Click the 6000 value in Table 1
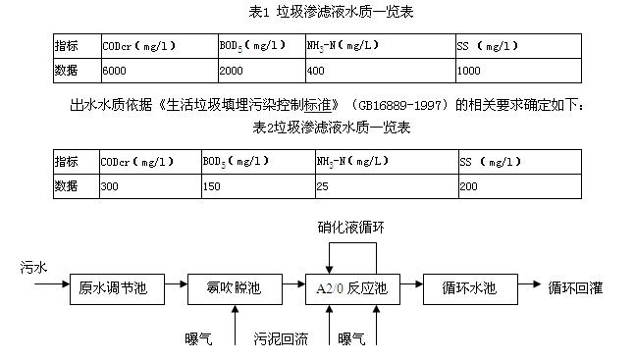pyautogui.click(x=114, y=71)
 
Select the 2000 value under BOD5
pyautogui.click(x=232, y=71)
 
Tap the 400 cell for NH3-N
pyautogui.click(x=315, y=71)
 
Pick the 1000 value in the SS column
pyautogui.click(x=468, y=71)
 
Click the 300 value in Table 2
pyautogui.click(x=109, y=186)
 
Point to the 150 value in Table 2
pyautogui.click(x=211, y=186)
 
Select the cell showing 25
pyautogui.click(x=322, y=186)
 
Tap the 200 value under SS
pyautogui.click(x=468, y=186)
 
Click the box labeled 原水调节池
pyautogui.click(x=117, y=289)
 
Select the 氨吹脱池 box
pyautogui.click(x=235, y=289)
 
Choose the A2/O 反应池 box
pyautogui.click(x=352, y=289)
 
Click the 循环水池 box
pyautogui.click(x=470, y=289)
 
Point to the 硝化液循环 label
pyautogui.click(x=351, y=228)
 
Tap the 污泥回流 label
pyautogui.click(x=281, y=338)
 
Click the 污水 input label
pyautogui.click(x=33, y=268)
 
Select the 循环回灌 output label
pyautogui.click(x=575, y=288)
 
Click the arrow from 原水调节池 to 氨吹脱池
pyautogui.click(x=176, y=283)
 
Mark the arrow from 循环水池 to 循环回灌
pyautogui.click(x=529, y=283)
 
